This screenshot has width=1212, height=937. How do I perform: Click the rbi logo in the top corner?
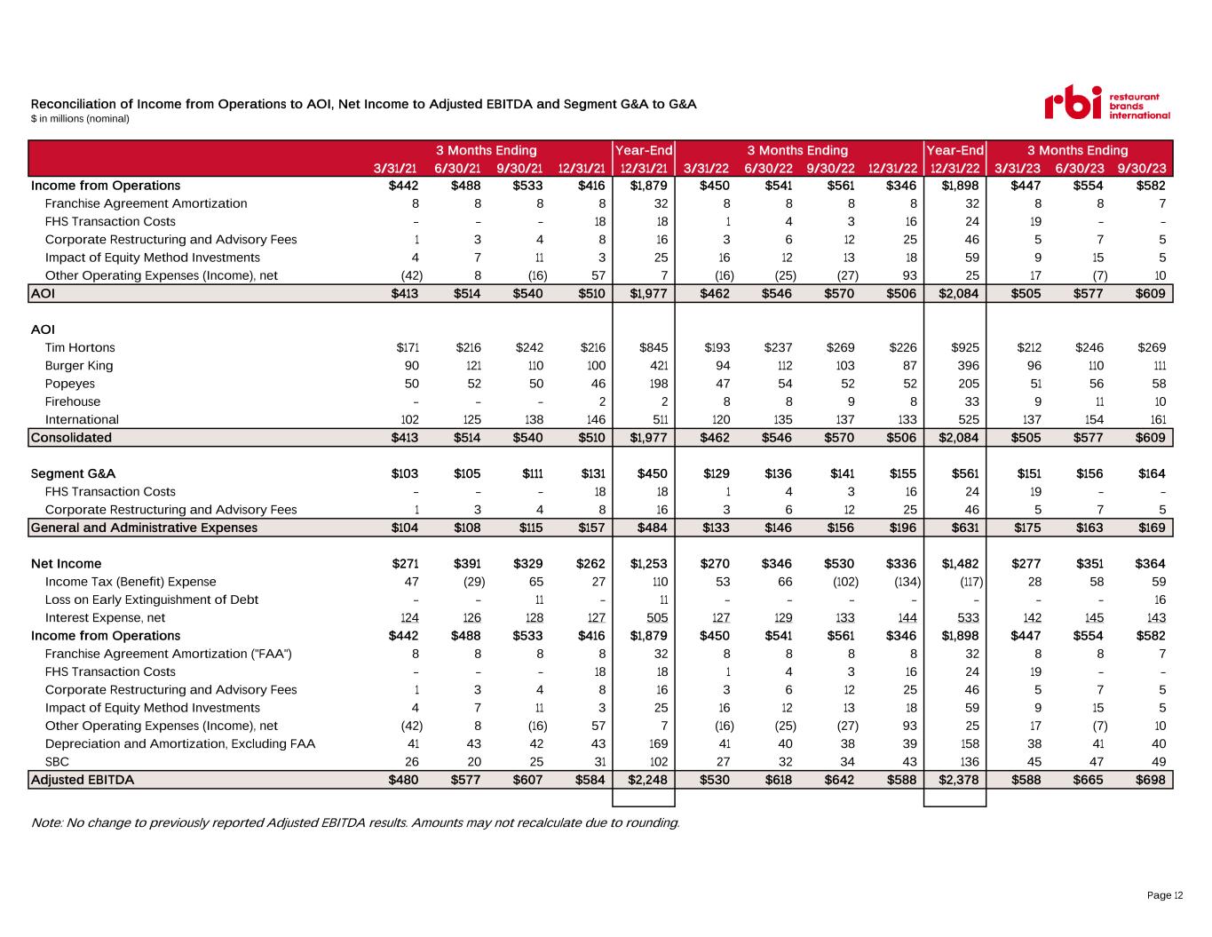(x=1107, y=103)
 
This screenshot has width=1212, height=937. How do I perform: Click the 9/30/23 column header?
(x=1141, y=169)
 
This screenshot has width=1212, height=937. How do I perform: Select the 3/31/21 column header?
(x=395, y=169)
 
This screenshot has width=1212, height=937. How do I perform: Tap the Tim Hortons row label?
(x=80, y=347)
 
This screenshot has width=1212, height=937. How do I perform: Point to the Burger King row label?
(x=79, y=366)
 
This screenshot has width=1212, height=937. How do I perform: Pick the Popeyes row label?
(x=70, y=384)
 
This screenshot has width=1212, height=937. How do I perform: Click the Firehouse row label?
(x=73, y=401)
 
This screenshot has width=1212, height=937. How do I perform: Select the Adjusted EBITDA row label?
(x=83, y=780)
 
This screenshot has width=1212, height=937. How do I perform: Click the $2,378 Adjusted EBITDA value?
(x=958, y=780)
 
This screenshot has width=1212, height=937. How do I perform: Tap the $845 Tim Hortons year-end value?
(x=654, y=347)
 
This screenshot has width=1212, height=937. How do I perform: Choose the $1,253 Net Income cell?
(x=648, y=564)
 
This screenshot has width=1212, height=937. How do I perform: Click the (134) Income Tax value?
(x=907, y=582)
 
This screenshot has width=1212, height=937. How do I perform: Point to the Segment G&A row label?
(x=73, y=473)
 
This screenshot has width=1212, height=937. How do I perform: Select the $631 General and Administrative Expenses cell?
(x=965, y=528)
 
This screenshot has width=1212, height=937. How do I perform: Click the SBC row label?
(x=57, y=762)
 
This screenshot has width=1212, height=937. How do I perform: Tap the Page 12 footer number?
(x=1165, y=895)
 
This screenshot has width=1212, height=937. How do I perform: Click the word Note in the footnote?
(x=46, y=822)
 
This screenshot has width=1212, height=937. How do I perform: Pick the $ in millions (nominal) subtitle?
(x=80, y=119)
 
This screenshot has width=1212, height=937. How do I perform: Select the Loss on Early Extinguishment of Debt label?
(x=151, y=600)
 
